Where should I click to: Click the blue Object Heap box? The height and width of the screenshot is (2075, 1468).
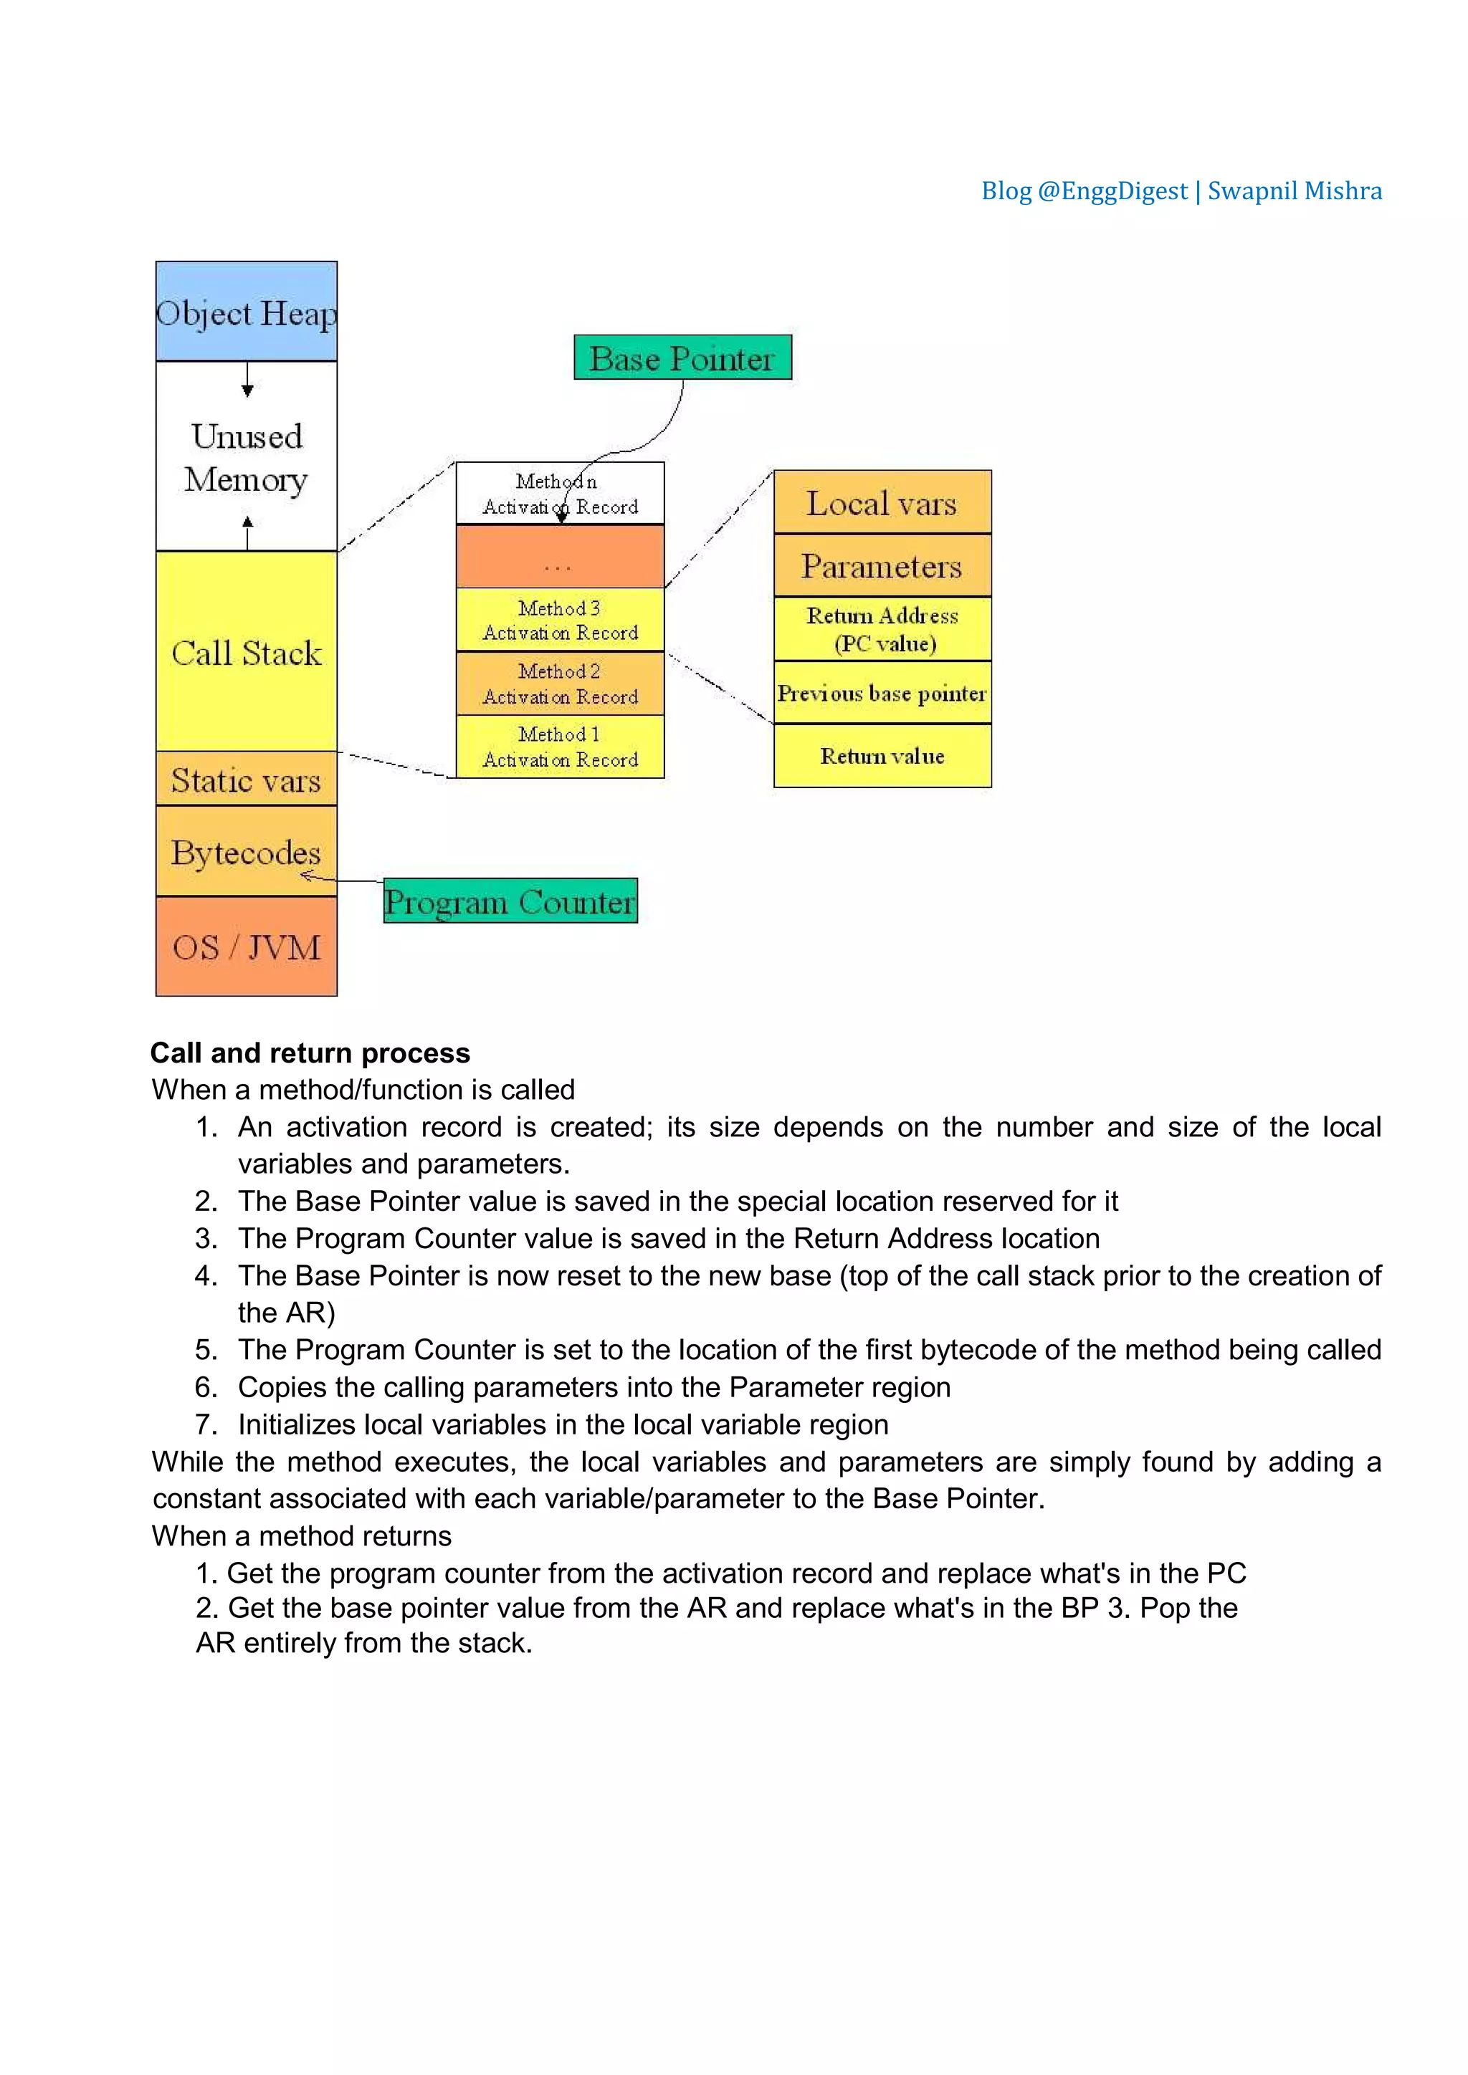246,312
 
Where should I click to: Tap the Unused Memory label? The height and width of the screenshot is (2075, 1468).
246,457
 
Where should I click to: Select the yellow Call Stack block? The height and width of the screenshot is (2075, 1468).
246,651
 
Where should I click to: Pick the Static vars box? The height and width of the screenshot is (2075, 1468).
246,779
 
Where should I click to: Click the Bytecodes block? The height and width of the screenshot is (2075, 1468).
246,851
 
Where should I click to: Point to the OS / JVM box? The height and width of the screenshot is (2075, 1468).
246,947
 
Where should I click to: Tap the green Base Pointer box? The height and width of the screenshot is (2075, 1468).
682,358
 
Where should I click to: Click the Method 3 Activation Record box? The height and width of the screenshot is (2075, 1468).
560,620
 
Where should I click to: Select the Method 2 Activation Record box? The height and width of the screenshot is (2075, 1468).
560,684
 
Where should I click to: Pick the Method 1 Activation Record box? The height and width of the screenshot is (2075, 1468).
560,747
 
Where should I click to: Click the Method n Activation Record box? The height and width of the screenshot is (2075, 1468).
560,494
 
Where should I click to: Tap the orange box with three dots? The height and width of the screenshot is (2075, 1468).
560,557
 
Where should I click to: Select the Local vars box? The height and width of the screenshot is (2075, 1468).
882,502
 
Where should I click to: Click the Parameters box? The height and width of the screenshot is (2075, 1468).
882,566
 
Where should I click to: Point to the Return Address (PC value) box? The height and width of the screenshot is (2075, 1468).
882,629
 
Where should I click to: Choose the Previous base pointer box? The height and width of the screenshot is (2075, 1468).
882,693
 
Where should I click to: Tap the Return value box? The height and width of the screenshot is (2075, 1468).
882,755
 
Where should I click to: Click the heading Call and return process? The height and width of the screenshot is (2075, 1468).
310,1053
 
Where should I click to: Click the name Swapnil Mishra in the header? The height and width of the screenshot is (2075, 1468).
1295,191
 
